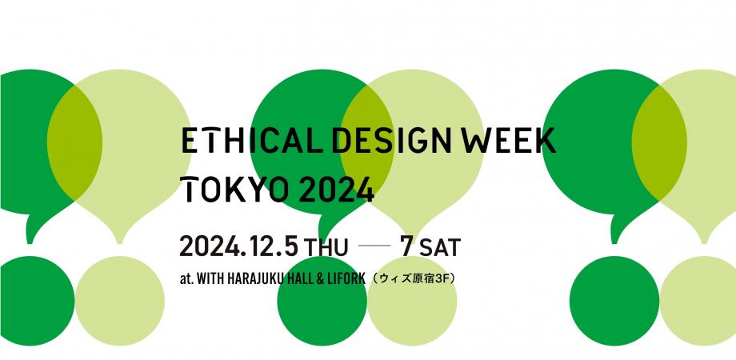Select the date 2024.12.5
click(239, 246)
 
